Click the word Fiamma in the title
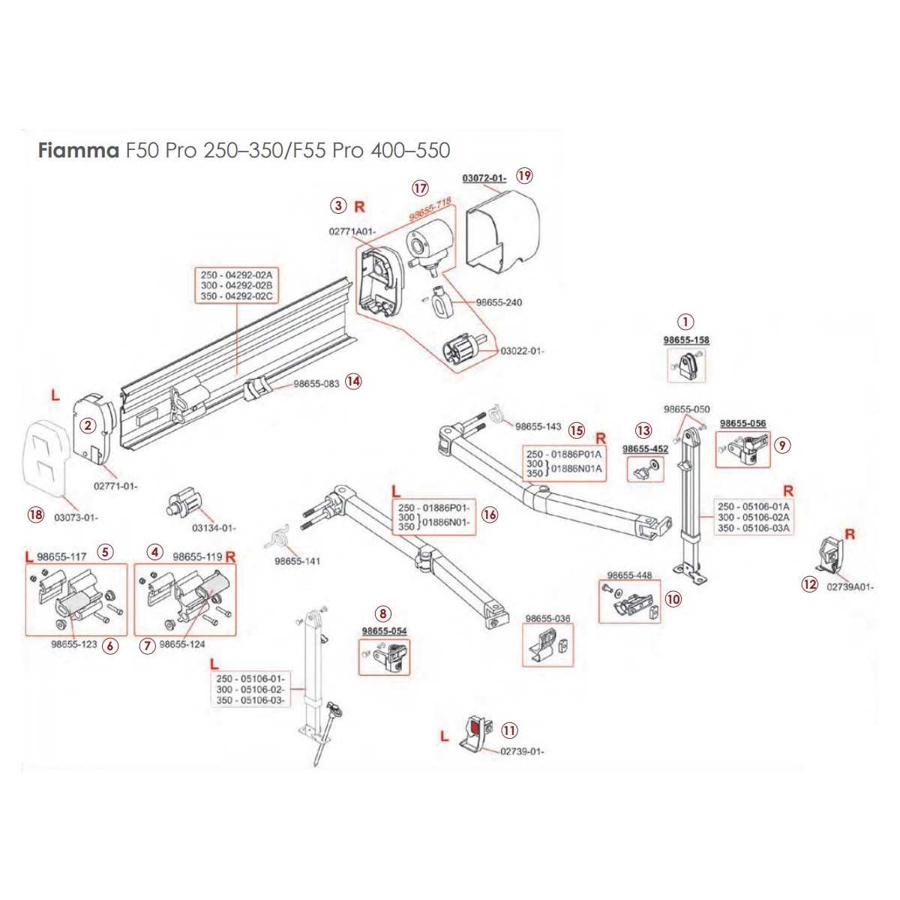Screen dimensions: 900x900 [x=78, y=151]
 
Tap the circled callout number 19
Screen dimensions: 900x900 [x=524, y=175]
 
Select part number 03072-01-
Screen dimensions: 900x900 [x=484, y=178]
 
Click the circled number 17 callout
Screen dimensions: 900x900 [x=420, y=187]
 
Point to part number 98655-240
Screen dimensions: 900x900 [x=499, y=303]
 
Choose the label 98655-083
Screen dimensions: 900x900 [x=316, y=383]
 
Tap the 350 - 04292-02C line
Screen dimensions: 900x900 [x=236, y=296]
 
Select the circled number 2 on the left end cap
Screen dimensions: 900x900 [x=88, y=425]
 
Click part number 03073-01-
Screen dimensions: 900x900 [x=76, y=517]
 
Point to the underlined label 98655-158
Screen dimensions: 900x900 [x=685, y=340]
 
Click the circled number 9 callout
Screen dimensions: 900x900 [x=782, y=445]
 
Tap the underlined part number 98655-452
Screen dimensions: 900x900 [x=645, y=449]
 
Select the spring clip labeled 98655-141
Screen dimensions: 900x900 [x=280, y=538]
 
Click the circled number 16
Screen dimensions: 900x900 [x=490, y=514]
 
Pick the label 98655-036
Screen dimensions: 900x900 [x=547, y=619]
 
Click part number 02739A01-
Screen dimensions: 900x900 [x=850, y=587]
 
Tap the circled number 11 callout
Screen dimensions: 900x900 [x=510, y=730]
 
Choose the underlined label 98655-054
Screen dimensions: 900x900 [x=384, y=631]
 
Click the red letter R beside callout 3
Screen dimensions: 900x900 [x=359, y=206]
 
